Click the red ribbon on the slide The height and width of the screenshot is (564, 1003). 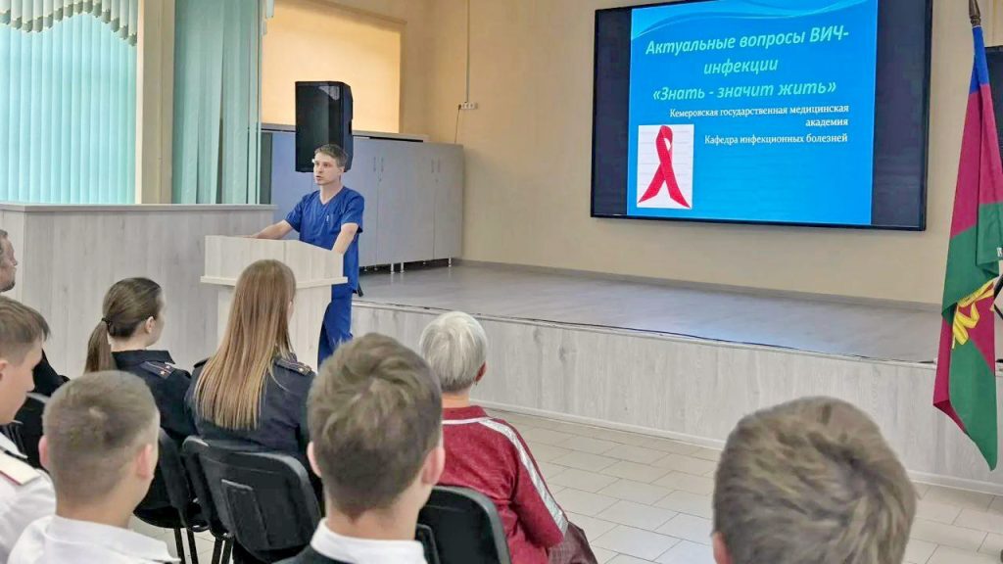[x=665, y=166]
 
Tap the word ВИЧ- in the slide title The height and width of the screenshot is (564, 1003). [x=829, y=35]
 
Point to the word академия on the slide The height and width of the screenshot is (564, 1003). [x=827, y=122]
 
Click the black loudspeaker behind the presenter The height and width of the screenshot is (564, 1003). [x=323, y=126]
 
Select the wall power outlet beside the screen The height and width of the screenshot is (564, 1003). [x=468, y=106]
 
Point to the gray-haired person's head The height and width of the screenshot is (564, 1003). [x=454, y=351]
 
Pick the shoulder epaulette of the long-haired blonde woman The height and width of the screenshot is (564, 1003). [x=293, y=366]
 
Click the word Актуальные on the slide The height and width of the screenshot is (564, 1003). [x=689, y=45]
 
